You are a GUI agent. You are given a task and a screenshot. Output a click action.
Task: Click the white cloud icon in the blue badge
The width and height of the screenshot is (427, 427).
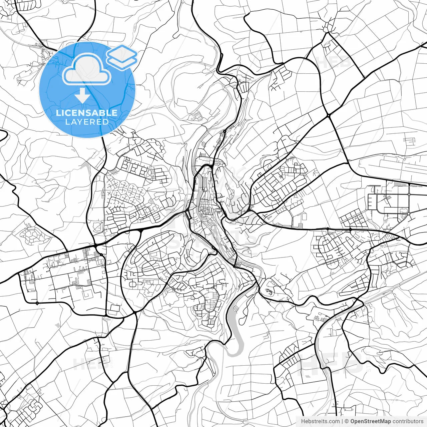[x=87, y=70]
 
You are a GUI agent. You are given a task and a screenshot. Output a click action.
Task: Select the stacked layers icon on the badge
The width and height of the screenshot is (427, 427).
[x=122, y=57]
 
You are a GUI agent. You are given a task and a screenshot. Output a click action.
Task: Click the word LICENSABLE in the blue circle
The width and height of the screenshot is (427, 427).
[x=87, y=113]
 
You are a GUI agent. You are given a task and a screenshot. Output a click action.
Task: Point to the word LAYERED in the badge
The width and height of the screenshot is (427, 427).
[x=87, y=122]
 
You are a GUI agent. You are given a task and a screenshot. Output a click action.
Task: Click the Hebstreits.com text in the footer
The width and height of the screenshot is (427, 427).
[x=320, y=421]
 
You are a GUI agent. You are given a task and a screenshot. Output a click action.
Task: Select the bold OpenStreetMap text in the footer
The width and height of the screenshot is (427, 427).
[x=371, y=421]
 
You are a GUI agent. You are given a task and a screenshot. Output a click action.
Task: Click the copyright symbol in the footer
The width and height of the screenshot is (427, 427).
[x=347, y=421]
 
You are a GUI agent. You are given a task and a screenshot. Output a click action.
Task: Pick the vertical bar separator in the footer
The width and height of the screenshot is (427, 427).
[x=343, y=421]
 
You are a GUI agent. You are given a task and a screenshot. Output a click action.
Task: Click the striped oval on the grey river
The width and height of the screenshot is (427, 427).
[x=235, y=309]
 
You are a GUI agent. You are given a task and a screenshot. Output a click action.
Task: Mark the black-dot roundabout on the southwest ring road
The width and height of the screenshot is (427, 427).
[x=37, y=303]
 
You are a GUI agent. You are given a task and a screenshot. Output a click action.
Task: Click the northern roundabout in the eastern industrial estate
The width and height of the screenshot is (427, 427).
[x=409, y=194]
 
